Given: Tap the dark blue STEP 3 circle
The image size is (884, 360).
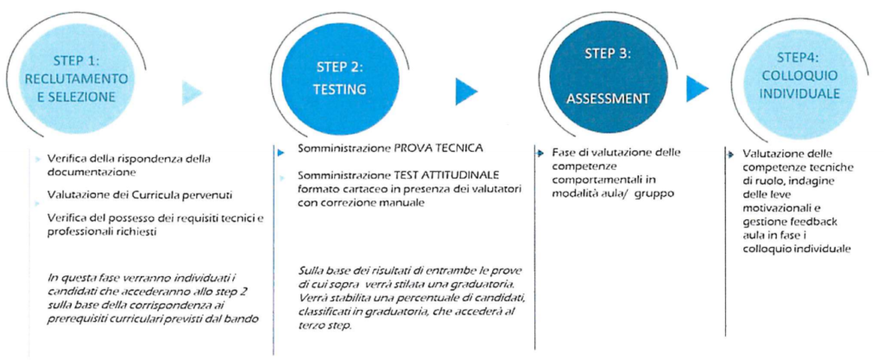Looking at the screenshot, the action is tap(607, 76).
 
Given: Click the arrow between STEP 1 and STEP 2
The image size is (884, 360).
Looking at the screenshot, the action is tap(192, 93).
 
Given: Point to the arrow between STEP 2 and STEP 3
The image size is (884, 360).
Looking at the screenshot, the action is tap(466, 90).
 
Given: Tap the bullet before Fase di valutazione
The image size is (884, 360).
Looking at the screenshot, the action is tap(540, 153).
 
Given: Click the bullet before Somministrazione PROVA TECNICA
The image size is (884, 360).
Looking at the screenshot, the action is tap(281, 153).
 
